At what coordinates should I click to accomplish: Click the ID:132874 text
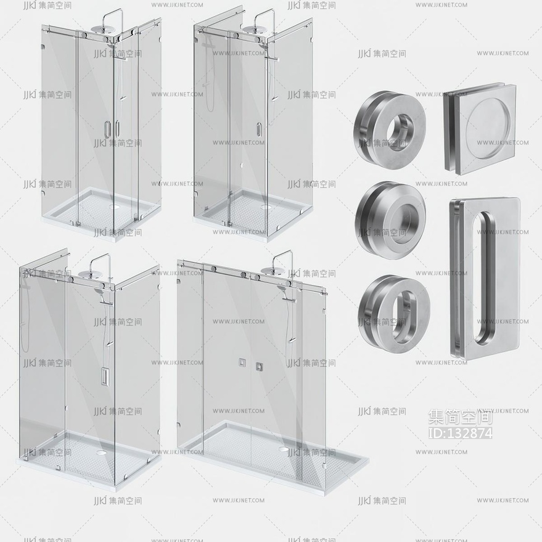(x=460, y=433)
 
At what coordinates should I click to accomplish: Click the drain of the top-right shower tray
(x=266, y=207)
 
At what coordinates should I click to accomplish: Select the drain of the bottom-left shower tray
(x=102, y=452)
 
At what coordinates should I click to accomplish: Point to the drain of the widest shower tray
(x=284, y=450)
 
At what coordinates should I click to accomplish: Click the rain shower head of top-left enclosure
(x=102, y=29)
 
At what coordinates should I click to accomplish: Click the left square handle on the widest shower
(x=242, y=362)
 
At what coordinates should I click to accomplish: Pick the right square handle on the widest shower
(x=259, y=366)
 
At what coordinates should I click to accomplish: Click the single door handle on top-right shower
(x=258, y=129)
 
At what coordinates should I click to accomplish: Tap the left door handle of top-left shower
(x=107, y=128)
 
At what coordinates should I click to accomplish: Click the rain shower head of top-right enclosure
(x=253, y=29)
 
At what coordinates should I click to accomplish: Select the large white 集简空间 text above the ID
(x=460, y=417)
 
